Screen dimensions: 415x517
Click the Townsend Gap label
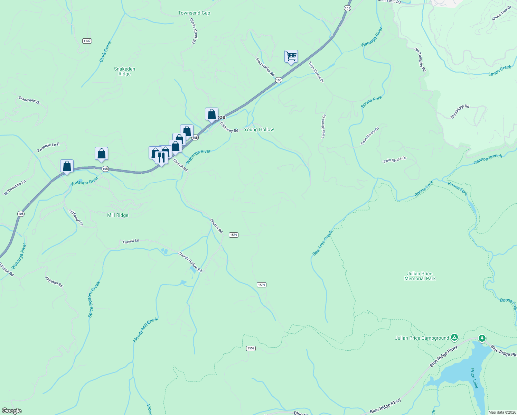[194, 13]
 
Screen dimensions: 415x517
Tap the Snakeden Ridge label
[124, 71]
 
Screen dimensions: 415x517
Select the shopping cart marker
[291, 56]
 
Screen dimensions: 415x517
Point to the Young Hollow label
[259, 129]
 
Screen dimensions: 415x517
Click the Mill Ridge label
[117, 215]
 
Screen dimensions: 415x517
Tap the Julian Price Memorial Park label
[420, 276]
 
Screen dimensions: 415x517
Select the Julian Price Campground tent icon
[454, 337]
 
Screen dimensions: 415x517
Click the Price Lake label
[474, 378]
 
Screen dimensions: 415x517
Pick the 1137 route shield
[87, 41]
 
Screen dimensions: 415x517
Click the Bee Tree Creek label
[322, 243]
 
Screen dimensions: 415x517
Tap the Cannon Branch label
[487, 159]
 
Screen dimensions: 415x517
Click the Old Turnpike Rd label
[420, 60]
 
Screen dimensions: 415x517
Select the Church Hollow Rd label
[190, 262]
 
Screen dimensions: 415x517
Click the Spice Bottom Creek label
[94, 299]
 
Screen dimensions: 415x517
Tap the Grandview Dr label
[29, 100]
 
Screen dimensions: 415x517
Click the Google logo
[12, 411]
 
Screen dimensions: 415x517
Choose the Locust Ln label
[131, 241]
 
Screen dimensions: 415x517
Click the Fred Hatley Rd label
[265, 67]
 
